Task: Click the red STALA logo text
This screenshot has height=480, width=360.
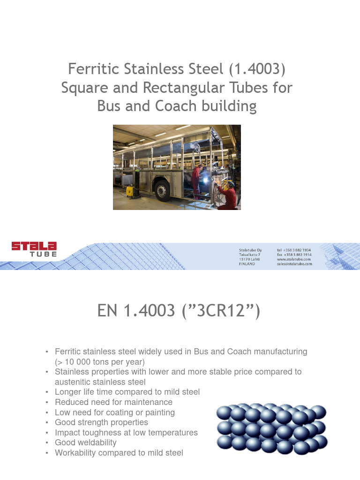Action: click(34, 246)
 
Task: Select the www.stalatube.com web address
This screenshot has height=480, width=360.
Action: click(294, 259)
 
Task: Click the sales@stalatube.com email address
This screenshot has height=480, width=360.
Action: click(294, 264)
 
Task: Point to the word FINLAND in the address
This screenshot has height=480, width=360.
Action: click(247, 264)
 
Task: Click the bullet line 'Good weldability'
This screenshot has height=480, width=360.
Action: click(86, 442)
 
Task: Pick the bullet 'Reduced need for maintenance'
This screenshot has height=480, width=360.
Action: click(113, 402)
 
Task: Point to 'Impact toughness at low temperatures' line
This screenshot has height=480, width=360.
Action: click(126, 433)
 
